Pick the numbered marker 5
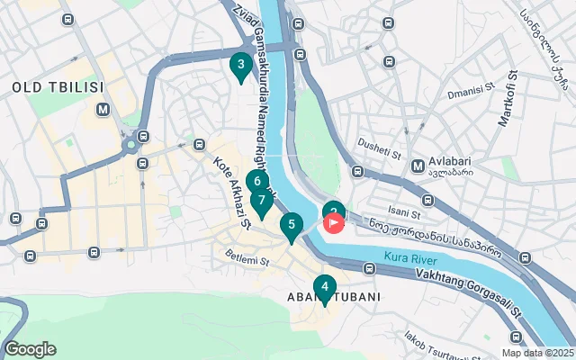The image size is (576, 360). pos(291,225)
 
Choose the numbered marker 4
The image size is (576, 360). pos(324,288)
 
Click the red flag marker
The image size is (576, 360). pos(334,221)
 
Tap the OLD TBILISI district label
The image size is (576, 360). pos(58,87)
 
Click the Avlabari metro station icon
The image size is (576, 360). pos(418,166)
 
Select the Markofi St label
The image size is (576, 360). pos(509,98)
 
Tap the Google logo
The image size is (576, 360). pos(30,349)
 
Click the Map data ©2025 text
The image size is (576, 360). pos(536,353)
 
